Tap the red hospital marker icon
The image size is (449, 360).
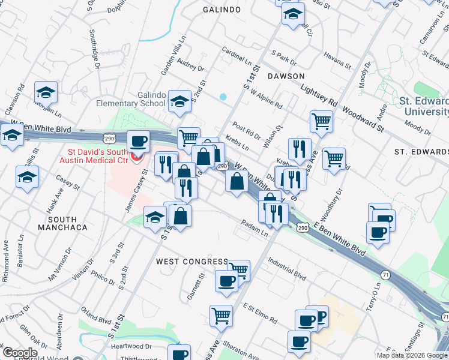[x=136, y=158]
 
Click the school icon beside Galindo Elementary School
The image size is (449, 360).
[x=179, y=101]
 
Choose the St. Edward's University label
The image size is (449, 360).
[x=425, y=107]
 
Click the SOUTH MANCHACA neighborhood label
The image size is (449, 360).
[x=62, y=223]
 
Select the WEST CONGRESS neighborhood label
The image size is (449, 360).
[x=192, y=262]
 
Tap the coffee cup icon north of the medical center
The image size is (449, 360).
[x=139, y=141]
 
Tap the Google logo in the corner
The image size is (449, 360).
[x=19, y=353]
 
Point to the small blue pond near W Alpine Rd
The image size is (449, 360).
[x=223, y=96]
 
